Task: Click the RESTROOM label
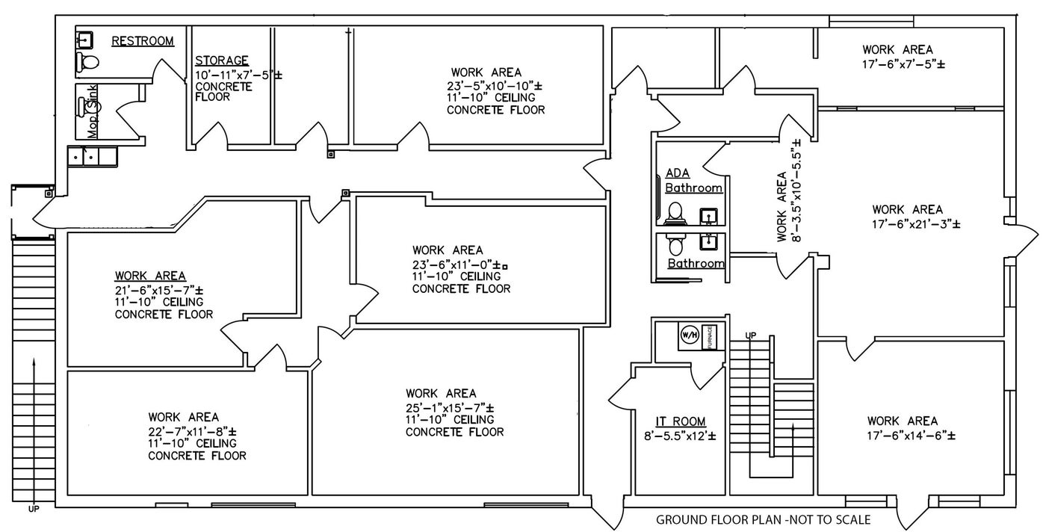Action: pyautogui.click(x=143, y=41)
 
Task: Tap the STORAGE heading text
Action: pyautogui.click(x=221, y=61)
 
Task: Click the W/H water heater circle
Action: pyautogui.click(x=688, y=335)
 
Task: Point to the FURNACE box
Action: pyautogui.click(x=711, y=335)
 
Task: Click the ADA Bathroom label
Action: pyautogui.click(x=693, y=182)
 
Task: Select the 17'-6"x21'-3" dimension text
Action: pyautogui.click(x=915, y=223)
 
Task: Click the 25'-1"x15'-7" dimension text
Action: pyautogui.click(x=450, y=407)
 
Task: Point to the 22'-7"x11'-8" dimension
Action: pyautogui.click(x=192, y=431)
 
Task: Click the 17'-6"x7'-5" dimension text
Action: pyautogui.click(x=903, y=64)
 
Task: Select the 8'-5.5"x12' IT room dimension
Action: pyautogui.click(x=675, y=436)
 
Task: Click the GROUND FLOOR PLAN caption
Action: pyautogui.click(x=763, y=519)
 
